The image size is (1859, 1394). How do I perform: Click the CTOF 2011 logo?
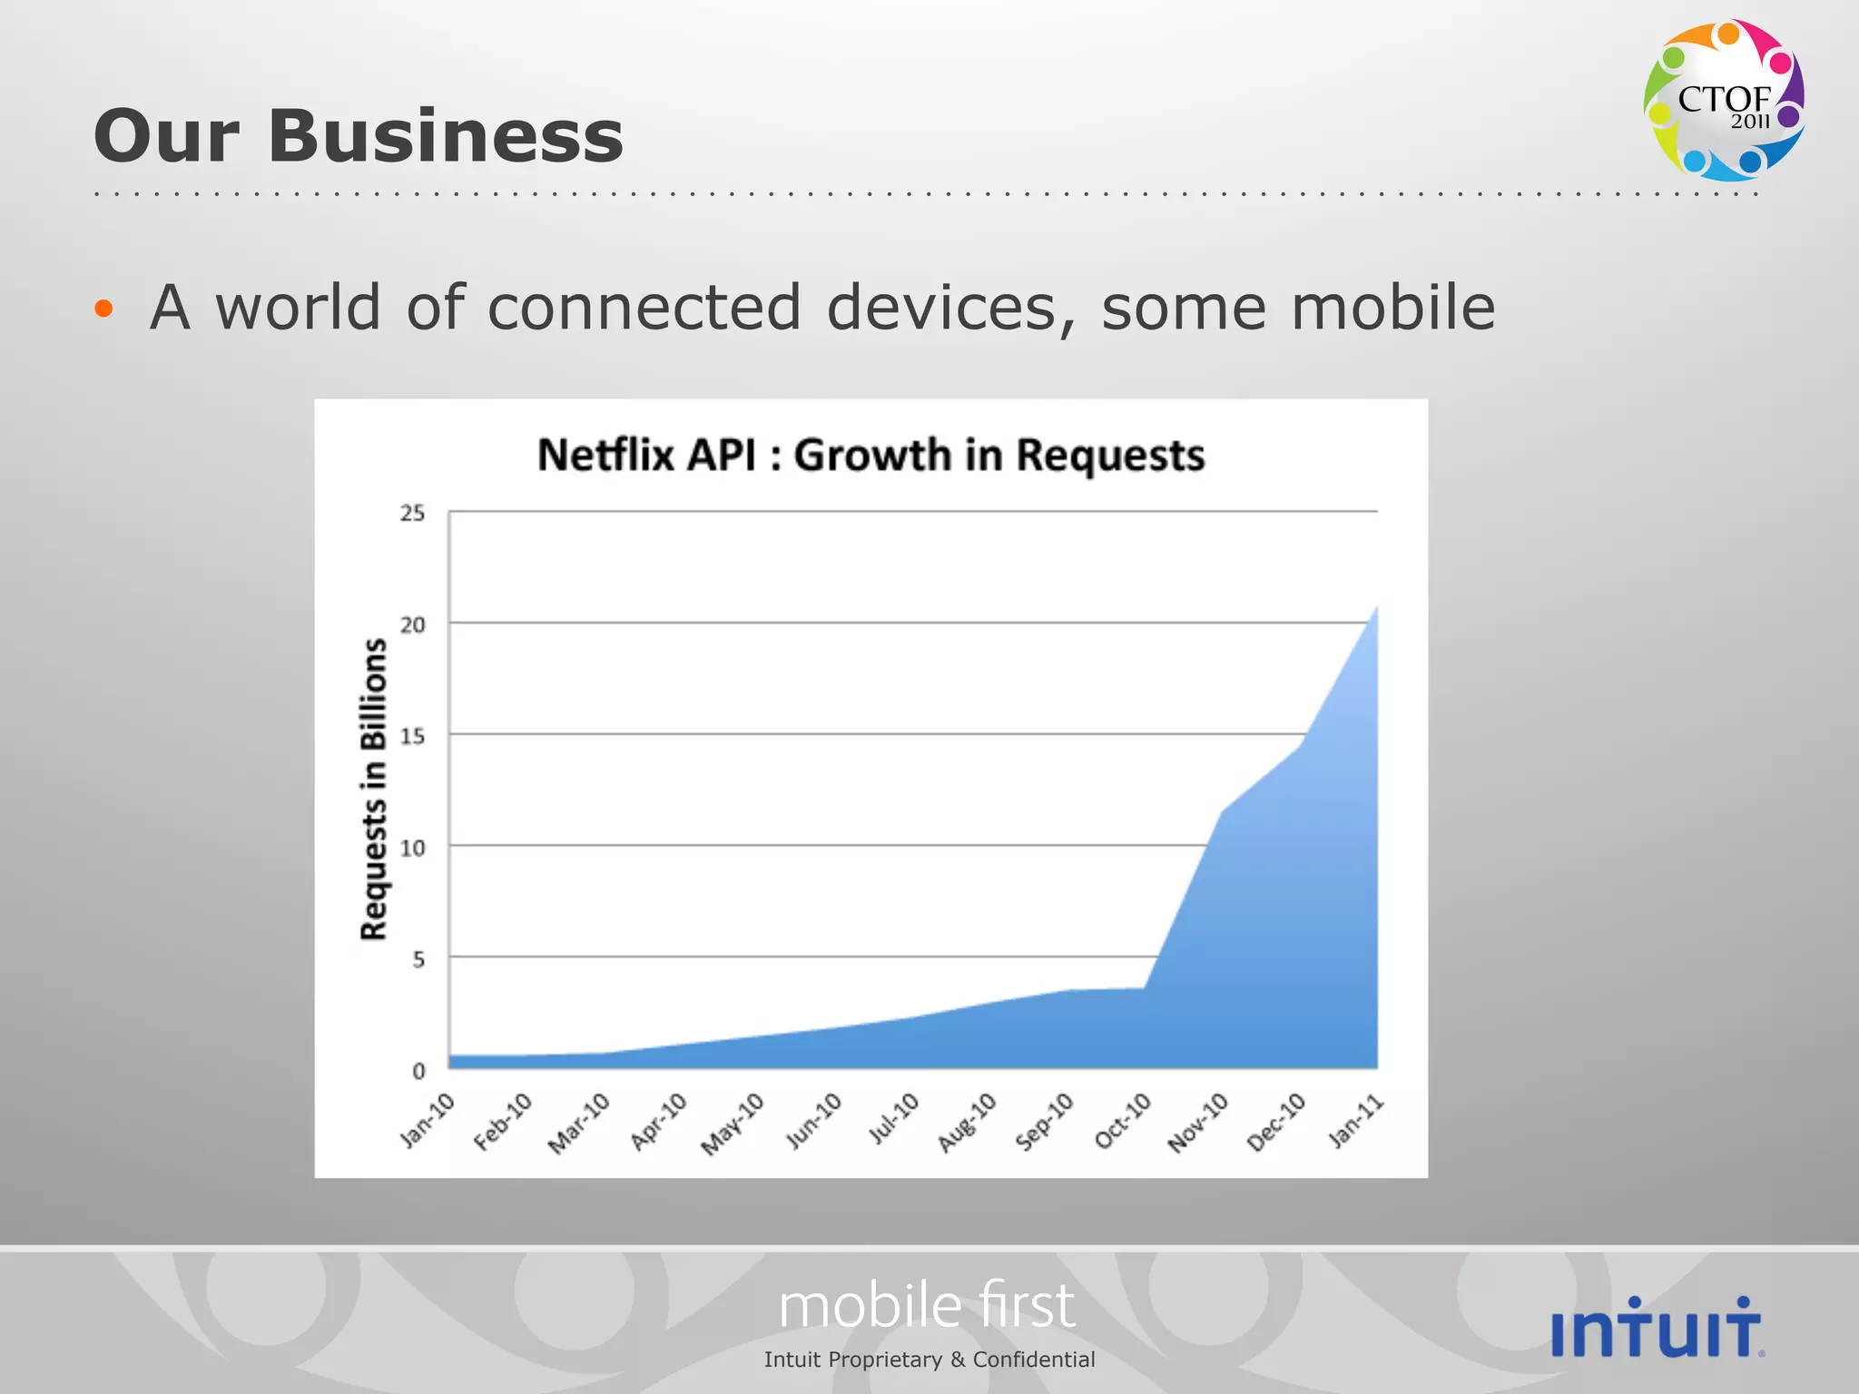1723,100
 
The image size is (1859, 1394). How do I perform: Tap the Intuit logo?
1657,1329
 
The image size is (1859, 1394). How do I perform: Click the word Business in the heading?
445,136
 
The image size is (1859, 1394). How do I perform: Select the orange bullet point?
103,309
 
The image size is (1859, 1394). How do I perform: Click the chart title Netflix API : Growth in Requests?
870,455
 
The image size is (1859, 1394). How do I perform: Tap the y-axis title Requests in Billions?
374,788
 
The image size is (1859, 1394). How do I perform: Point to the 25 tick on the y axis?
412,514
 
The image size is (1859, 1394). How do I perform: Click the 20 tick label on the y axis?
412,624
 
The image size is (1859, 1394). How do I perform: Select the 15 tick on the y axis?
412,736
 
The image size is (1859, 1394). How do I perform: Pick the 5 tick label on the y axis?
418,959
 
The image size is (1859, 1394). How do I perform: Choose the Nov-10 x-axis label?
1198,1123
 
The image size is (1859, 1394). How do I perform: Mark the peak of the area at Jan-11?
1376,606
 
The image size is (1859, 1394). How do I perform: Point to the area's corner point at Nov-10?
1223,810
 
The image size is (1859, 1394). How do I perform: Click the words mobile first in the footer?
927,1306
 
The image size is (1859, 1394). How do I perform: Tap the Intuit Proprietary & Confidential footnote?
929,1360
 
